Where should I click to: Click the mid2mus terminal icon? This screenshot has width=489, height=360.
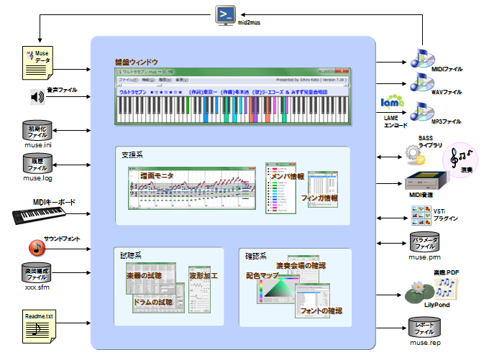(x=227, y=15)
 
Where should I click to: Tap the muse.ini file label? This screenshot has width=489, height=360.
(x=37, y=146)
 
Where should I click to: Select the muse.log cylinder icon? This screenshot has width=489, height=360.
(x=37, y=162)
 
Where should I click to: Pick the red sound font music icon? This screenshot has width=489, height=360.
(x=37, y=246)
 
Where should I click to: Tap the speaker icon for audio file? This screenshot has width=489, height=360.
(x=37, y=97)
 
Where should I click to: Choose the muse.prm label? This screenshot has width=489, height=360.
(x=424, y=256)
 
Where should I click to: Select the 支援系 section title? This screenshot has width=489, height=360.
(x=132, y=154)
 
